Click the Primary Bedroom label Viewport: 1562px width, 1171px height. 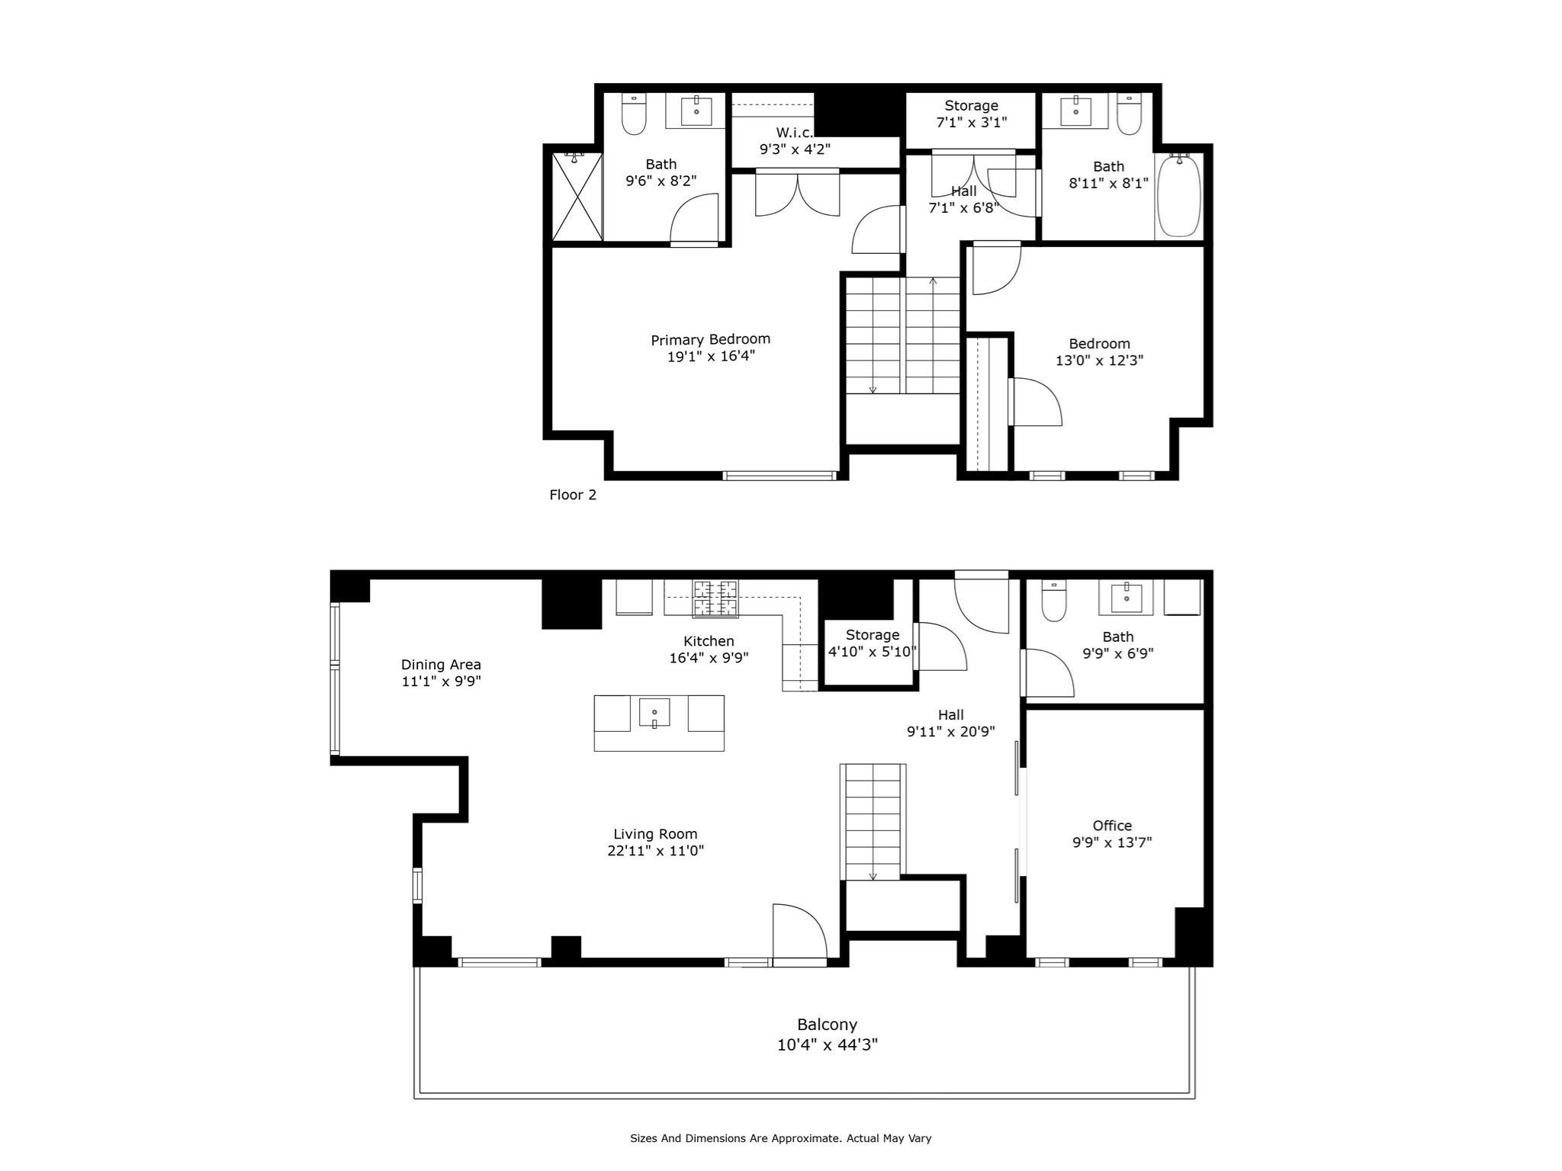coord(710,340)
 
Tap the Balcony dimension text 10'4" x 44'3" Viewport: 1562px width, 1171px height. coord(828,1044)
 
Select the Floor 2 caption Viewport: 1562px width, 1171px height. coord(573,495)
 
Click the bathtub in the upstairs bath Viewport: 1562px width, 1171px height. coord(1178,197)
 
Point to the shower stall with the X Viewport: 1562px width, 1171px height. coord(577,197)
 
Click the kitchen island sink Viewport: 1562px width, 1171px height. coord(654,714)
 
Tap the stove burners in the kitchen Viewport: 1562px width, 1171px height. coord(715,598)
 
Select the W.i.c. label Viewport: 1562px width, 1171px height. coord(793,133)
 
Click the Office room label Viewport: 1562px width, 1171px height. coord(1112,826)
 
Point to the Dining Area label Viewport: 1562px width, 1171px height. coord(441,665)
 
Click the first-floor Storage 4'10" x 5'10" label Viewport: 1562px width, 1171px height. coord(872,643)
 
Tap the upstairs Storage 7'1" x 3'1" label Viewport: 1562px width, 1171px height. coord(971,114)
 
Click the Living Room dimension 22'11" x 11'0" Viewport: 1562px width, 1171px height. coord(655,851)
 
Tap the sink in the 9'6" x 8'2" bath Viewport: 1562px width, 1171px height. coord(696,111)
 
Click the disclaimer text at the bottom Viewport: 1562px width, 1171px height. coord(780,1138)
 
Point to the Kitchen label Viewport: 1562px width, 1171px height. coord(709,641)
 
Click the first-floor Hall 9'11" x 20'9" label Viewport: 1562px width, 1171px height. coord(950,723)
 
